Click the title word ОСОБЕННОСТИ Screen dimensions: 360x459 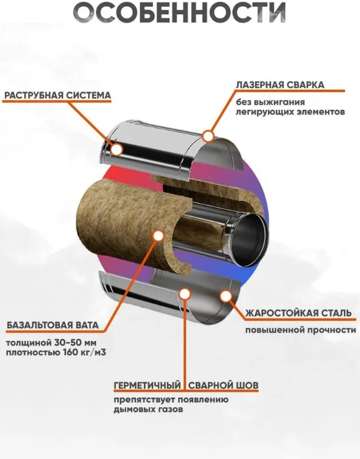(x=179, y=12)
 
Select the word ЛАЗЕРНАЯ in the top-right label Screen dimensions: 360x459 (x=259, y=85)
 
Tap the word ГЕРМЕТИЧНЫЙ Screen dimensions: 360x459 (x=147, y=385)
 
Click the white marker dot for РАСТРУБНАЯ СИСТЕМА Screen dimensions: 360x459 (x=117, y=149)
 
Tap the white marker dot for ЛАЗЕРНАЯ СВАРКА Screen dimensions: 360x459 (x=208, y=136)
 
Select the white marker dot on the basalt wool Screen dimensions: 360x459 (x=158, y=235)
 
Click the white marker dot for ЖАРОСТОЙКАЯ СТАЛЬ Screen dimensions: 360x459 (x=225, y=296)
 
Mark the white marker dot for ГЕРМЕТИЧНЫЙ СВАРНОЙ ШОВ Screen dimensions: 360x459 (x=184, y=294)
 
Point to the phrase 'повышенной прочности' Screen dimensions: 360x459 (x=301, y=331)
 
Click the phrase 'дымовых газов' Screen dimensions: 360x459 (x=148, y=409)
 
